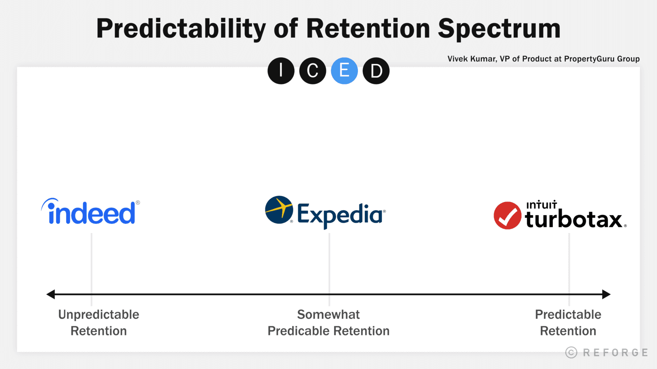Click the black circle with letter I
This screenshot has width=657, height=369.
(x=281, y=71)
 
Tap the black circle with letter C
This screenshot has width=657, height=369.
(x=313, y=71)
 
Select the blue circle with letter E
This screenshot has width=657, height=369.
(x=344, y=71)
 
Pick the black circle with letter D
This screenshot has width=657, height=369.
(x=376, y=71)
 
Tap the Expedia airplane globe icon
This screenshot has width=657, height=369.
(x=279, y=210)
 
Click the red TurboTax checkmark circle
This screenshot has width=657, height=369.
(x=507, y=216)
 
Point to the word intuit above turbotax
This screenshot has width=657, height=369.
(x=541, y=205)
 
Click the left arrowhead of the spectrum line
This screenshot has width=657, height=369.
(x=51, y=294)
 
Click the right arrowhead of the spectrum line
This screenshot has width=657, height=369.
(x=606, y=294)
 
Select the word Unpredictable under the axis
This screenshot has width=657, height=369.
(x=99, y=314)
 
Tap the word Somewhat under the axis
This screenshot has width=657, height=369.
(x=328, y=314)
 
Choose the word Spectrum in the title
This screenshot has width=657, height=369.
(x=499, y=29)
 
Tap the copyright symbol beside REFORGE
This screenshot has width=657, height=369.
(x=571, y=352)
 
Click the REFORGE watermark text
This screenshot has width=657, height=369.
(x=615, y=352)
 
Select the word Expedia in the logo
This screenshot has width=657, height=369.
(x=340, y=215)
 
